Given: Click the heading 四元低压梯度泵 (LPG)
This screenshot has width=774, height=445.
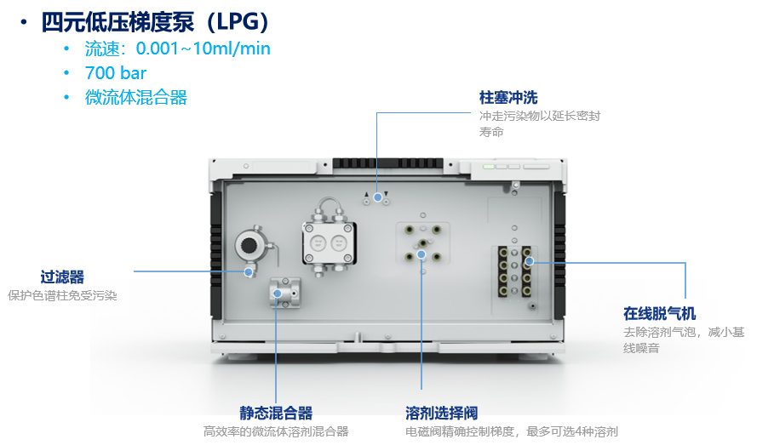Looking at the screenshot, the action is coord(155,22).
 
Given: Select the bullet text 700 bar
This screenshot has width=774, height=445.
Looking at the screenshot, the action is coord(116,73).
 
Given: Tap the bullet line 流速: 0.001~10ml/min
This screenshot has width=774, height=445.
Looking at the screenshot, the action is coord(178,48).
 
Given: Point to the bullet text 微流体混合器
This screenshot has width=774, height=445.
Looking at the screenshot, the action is coord(136,97).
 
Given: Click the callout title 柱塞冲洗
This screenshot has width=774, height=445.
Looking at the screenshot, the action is coord(508,98).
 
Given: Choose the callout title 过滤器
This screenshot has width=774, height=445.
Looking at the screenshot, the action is coord(62,277).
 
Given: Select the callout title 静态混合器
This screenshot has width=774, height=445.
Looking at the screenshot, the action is coord(276,413).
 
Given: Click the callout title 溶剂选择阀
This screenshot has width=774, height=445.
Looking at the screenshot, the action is coord(442,413).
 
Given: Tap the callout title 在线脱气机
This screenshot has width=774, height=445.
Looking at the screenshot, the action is coord(660,313).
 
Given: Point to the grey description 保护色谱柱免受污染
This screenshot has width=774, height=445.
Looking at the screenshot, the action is coord(62,295).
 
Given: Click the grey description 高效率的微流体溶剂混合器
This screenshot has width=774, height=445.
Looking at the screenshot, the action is coord(276,431).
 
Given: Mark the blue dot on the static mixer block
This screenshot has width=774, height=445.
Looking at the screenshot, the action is coord(278,294).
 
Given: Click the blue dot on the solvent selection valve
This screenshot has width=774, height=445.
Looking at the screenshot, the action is coord(421,254).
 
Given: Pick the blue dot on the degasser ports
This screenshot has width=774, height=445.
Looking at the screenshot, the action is coord(529,261).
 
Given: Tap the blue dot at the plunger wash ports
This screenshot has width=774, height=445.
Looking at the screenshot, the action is coord(377,197).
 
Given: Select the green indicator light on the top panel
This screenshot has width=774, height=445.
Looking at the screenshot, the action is coord(489,167).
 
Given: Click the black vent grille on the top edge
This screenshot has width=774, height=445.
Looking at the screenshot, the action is coord(387,163).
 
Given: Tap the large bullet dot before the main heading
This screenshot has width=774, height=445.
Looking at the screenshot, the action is coord(24,22).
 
